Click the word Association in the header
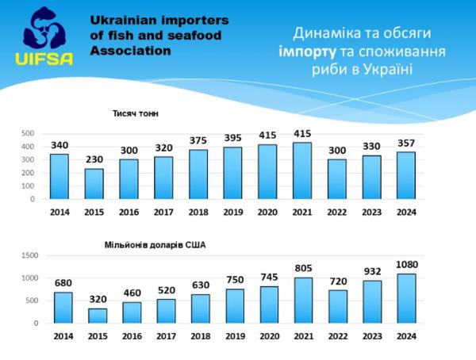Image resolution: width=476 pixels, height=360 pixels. pyautogui.click(x=131, y=50)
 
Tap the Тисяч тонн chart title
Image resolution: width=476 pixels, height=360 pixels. pyautogui.click(x=136, y=113)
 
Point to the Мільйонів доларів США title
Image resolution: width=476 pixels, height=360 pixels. pyautogui.click(x=155, y=244)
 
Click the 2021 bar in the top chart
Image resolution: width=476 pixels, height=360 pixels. pyautogui.click(x=301, y=170)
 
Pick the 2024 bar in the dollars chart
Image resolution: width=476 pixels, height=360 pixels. pyautogui.click(x=407, y=298)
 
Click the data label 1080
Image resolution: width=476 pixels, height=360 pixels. pyautogui.click(x=407, y=265)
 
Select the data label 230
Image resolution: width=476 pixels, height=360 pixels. pyautogui.click(x=94, y=160)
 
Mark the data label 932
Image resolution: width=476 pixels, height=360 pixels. pyautogui.click(x=372, y=271)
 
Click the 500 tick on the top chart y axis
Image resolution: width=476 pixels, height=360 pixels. pyautogui.click(x=28, y=133)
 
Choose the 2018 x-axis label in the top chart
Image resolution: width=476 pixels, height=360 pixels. pyautogui.click(x=198, y=212)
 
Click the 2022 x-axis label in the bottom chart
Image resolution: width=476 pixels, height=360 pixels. pyautogui.click(x=337, y=336)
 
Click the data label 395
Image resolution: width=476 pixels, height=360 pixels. pyautogui.click(x=232, y=138)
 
